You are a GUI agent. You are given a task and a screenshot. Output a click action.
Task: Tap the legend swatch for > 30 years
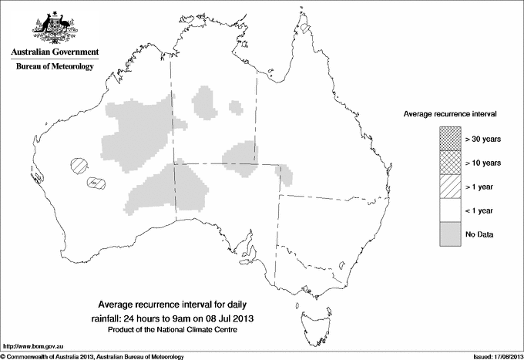coord(450,139)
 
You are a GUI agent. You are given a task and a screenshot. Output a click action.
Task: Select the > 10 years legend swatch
coord(450,163)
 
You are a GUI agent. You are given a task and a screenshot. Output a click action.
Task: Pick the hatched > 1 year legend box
coord(450,187)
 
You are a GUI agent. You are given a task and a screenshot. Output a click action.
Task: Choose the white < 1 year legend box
coord(450,210)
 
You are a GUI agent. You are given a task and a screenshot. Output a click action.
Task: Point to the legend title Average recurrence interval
coord(450,113)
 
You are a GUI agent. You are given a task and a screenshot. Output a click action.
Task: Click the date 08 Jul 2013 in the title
coord(231,318)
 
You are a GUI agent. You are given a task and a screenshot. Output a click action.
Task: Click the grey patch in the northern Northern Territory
coord(205,100)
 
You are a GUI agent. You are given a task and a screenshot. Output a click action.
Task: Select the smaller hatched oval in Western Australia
coord(95,183)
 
